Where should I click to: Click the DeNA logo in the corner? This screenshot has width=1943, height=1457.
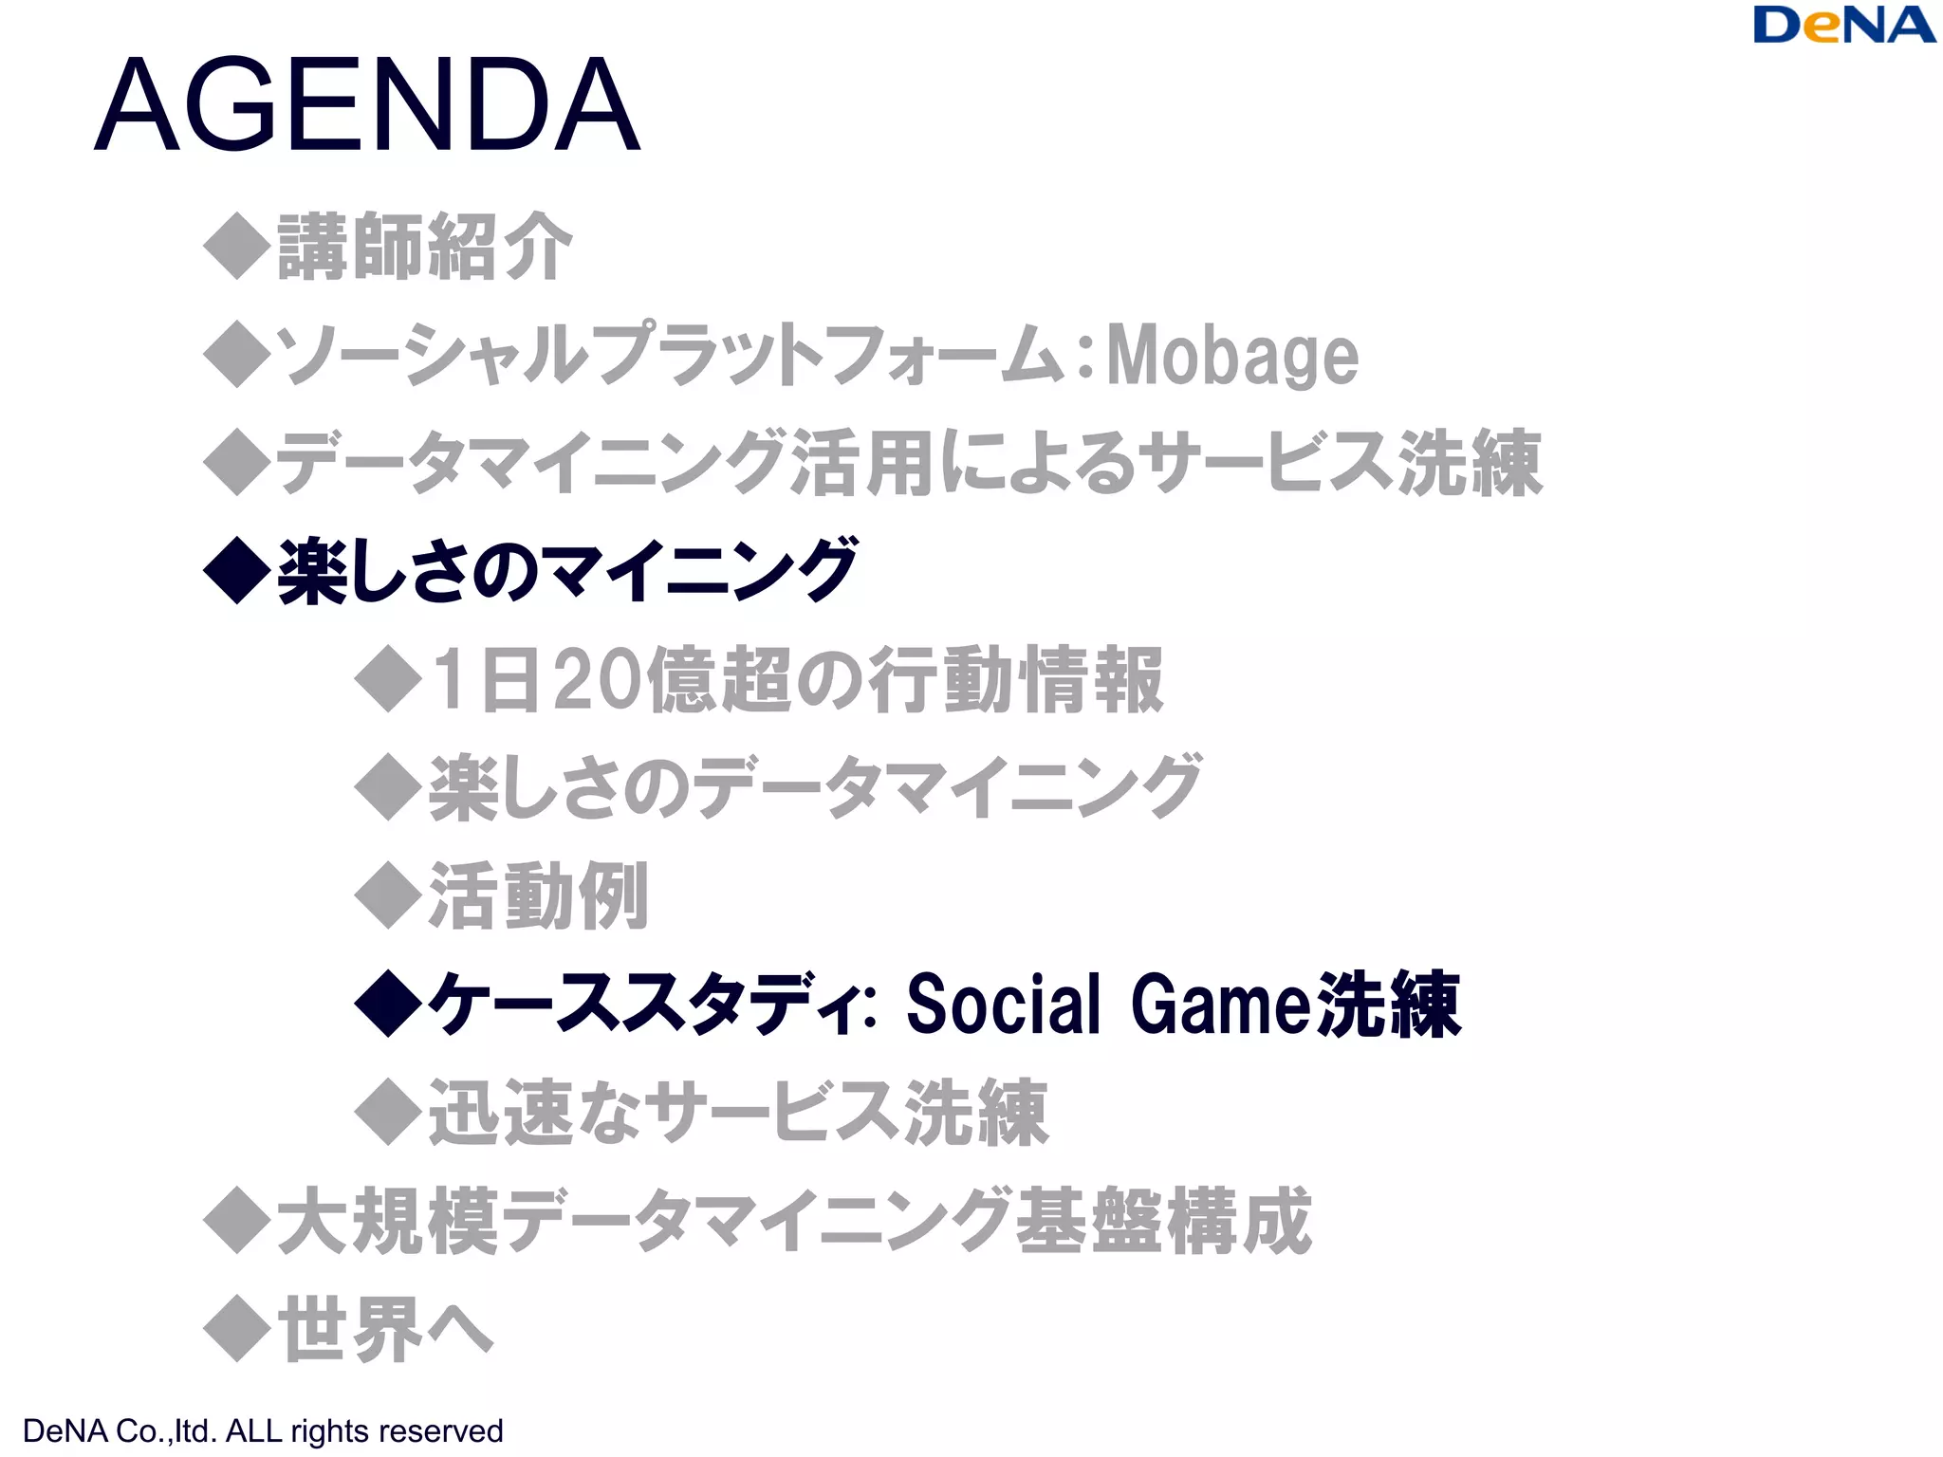(x=1843, y=27)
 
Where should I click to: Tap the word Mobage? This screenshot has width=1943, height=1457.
(x=1232, y=356)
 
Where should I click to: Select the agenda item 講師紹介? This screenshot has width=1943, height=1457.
(x=425, y=247)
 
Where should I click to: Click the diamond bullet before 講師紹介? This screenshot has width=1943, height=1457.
(x=237, y=246)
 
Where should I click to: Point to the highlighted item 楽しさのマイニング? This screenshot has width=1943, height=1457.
(x=567, y=571)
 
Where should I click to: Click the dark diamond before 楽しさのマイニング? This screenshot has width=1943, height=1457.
(x=237, y=571)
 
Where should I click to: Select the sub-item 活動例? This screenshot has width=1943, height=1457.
(x=539, y=895)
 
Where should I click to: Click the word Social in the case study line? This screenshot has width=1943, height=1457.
(x=1003, y=1004)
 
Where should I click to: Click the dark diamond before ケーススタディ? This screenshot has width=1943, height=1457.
(x=388, y=1004)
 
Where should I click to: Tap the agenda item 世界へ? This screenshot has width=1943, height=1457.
(x=385, y=1329)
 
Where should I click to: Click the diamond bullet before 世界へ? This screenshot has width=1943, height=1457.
(x=237, y=1329)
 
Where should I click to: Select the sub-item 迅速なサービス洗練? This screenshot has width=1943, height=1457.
(x=738, y=1112)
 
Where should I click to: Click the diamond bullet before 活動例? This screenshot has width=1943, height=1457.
(x=388, y=895)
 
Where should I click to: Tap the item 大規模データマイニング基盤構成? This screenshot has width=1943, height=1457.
(x=794, y=1221)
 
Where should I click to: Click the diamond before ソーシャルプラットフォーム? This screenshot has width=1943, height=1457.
(x=237, y=355)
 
